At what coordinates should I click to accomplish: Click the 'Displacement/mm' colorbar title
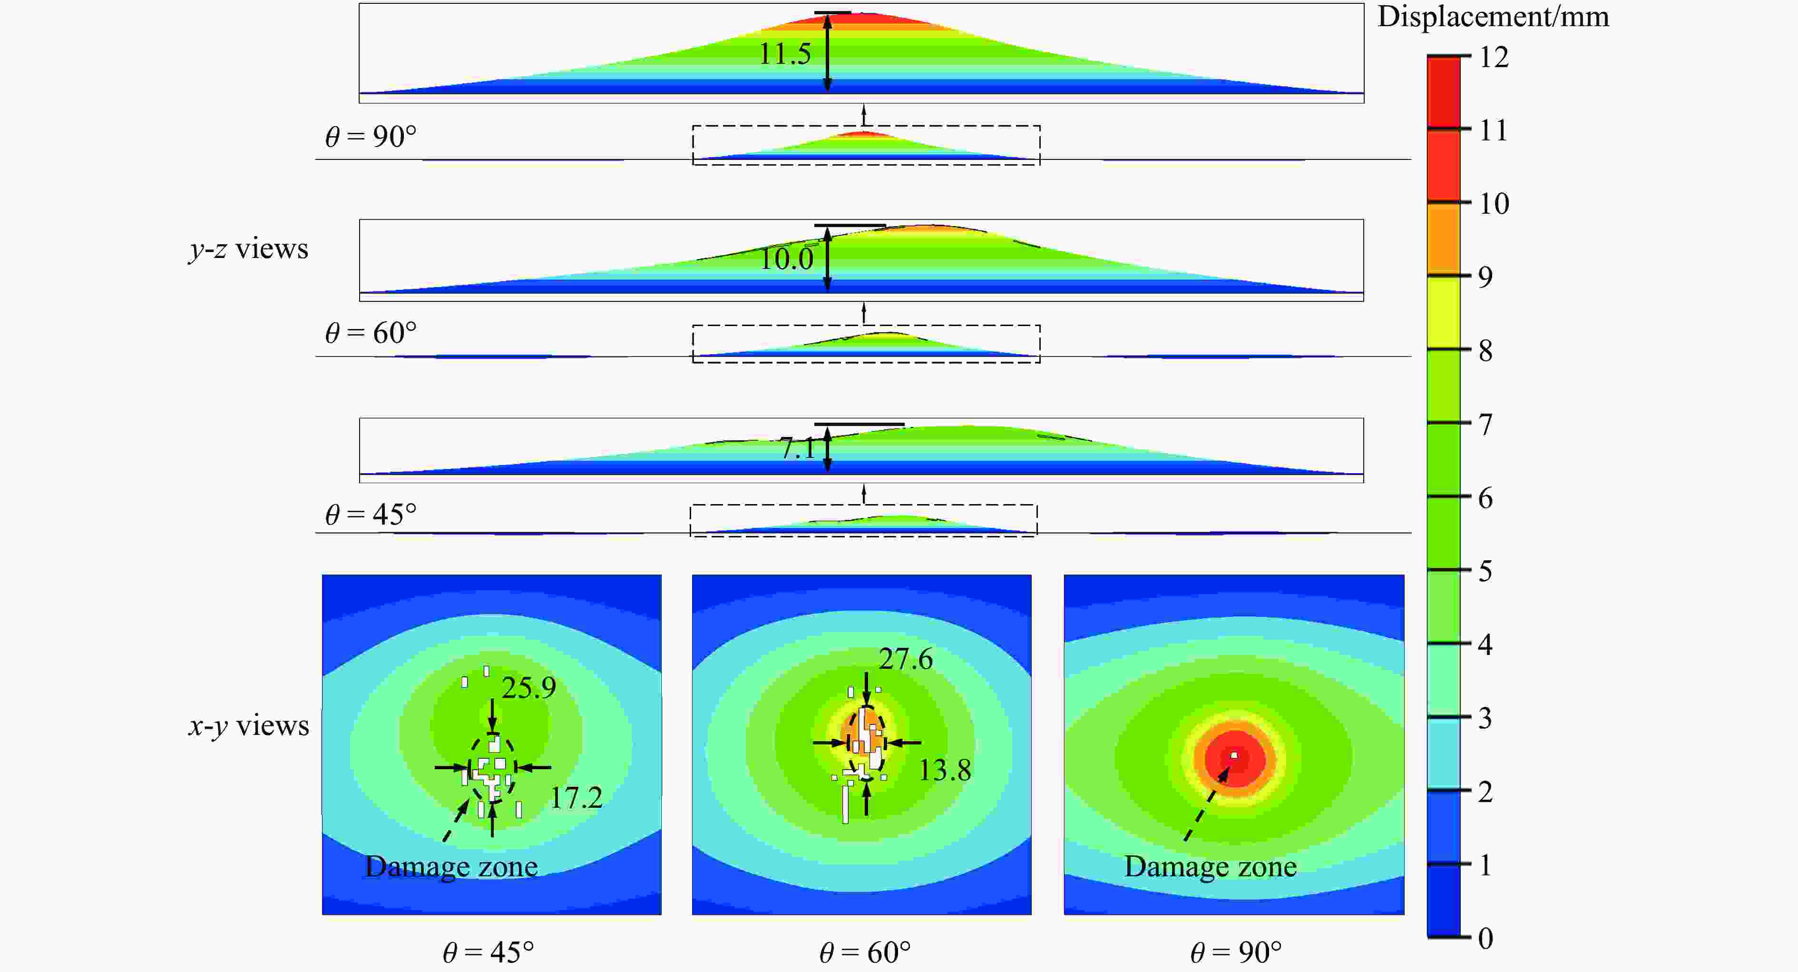tap(1493, 17)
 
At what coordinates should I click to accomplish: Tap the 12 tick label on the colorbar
tap(1494, 57)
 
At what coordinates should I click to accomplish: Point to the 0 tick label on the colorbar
tap(1486, 938)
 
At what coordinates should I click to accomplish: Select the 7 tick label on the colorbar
tap(1486, 425)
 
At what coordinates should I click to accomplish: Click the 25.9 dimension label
tap(528, 688)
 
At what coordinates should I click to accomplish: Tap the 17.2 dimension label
tap(576, 797)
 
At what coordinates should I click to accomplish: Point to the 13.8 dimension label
tap(944, 770)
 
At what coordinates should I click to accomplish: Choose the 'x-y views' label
tap(248, 726)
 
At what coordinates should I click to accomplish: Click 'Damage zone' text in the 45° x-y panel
tap(451, 866)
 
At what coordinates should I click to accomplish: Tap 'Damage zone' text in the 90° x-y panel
tap(1210, 866)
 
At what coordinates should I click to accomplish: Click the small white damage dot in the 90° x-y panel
tap(1234, 755)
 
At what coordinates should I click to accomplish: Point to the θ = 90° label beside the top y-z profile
tap(371, 136)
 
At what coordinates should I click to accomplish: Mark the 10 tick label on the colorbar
tap(1494, 204)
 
